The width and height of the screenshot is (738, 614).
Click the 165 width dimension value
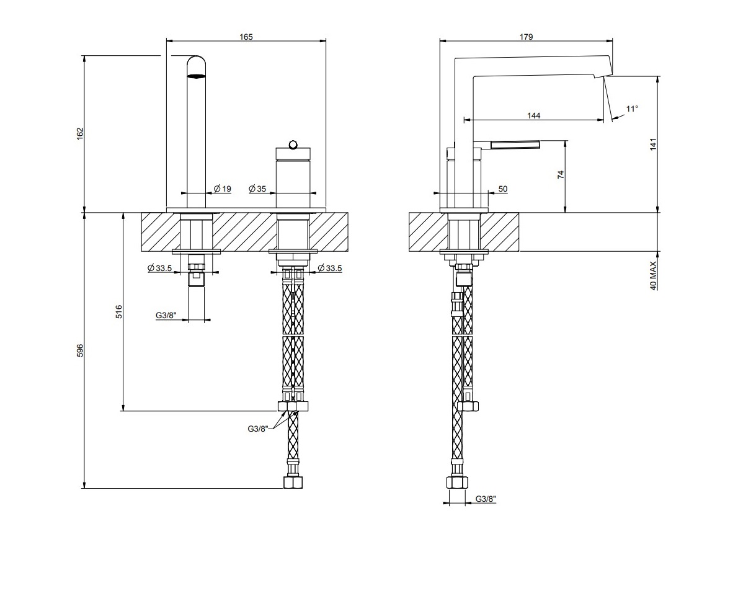(246, 37)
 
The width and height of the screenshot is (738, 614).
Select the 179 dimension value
(526, 37)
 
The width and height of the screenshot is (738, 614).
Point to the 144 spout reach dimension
(533, 115)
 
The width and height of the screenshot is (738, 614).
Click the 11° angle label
(631, 109)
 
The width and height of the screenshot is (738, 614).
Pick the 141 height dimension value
(652, 144)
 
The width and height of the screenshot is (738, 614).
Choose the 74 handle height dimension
(561, 175)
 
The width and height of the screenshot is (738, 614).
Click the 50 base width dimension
(502, 189)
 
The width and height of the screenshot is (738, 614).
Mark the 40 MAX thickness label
(652, 275)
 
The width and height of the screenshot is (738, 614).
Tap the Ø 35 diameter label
(257, 189)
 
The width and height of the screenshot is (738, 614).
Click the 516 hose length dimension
(118, 311)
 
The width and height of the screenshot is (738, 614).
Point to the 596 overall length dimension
(79, 350)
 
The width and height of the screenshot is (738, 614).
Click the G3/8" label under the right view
(486, 499)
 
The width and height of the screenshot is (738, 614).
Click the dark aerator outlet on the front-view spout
(196, 76)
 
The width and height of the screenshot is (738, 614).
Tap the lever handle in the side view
(515, 145)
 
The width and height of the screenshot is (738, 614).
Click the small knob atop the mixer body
(293, 145)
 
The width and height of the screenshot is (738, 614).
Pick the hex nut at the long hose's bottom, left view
(293, 482)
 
